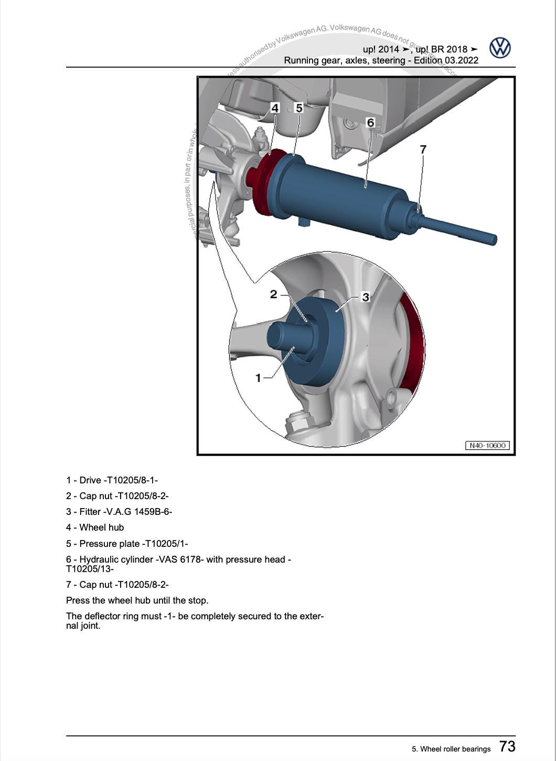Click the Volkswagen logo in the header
click(500, 48)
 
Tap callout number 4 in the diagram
click(275, 108)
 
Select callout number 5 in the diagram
click(299, 108)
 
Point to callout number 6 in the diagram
click(370, 122)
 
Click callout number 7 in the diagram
click(423, 149)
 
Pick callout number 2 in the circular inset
click(273, 294)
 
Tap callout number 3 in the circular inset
click(366, 297)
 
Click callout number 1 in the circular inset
click(258, 377)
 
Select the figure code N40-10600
click(487, 446)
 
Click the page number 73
click(507, 746)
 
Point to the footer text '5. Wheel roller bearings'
click(451, 749)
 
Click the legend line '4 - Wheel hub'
click(95, 527)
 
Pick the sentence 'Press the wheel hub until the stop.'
click(137, 600)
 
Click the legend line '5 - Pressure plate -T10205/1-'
click(127, 544)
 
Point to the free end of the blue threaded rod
click(493, 240)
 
